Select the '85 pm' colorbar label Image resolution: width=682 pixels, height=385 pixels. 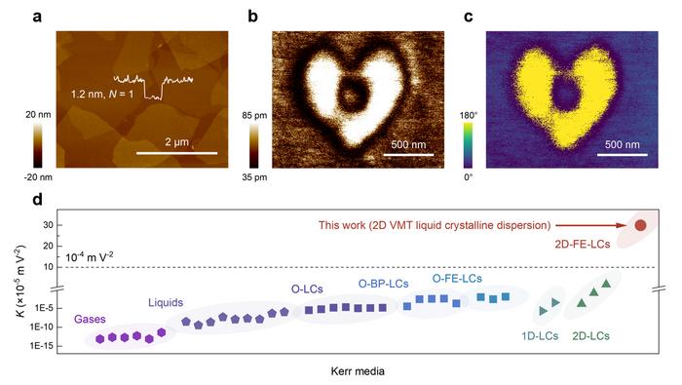coord(247,115)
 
